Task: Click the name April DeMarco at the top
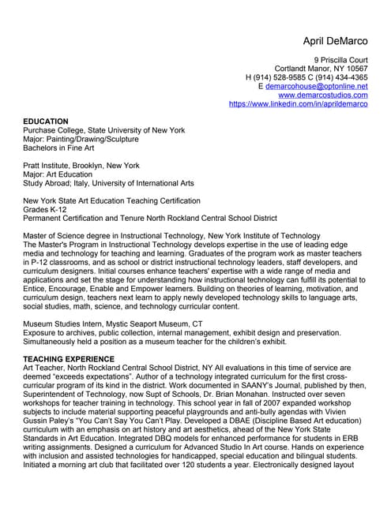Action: click(336, 40)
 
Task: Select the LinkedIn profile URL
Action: click(298, 103)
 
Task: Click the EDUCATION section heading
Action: click(46, 122)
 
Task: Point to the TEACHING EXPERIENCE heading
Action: click(69, 359)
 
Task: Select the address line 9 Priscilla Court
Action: click(340, 60)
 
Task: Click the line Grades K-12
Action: click(47, 209)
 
